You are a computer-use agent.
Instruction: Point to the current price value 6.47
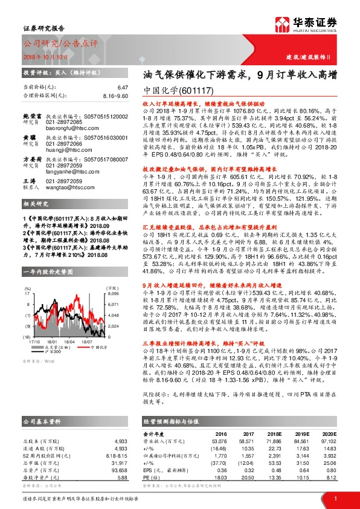point(123,88)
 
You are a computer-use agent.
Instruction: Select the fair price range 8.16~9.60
point(116,96)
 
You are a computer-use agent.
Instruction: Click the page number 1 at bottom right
point(335,498)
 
